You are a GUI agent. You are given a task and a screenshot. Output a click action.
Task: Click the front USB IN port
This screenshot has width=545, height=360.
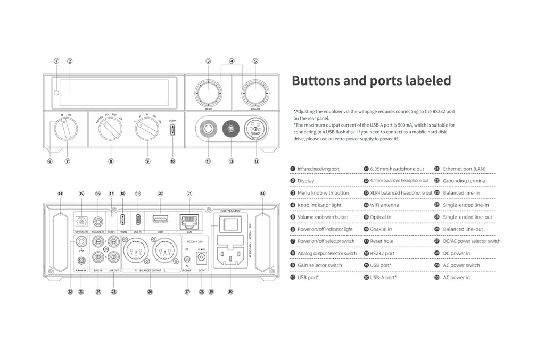172,130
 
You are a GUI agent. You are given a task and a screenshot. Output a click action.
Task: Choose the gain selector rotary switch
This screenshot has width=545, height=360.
147,129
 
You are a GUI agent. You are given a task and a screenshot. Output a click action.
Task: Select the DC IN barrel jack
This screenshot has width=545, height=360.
202,256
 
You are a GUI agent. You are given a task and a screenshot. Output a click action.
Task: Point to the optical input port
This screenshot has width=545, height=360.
81,221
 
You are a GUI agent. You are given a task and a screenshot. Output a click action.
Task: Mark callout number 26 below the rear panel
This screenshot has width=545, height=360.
150,291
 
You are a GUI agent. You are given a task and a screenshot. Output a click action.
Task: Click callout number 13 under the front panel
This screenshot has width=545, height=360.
257,161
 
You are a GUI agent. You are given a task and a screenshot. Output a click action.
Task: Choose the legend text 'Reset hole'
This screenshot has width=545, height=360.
382,241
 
